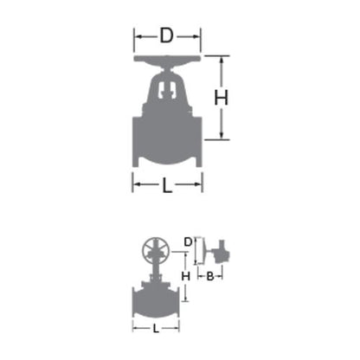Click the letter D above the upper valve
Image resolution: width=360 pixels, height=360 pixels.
166,35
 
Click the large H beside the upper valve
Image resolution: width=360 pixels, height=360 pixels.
222,98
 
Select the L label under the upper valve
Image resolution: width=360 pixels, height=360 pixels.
167,185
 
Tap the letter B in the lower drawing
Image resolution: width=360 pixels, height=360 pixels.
210,276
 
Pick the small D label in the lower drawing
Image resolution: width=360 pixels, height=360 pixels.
188,242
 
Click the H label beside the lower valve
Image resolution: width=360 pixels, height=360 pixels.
185,276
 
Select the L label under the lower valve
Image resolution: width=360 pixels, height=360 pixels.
156,328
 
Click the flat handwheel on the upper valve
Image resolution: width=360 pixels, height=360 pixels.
167,58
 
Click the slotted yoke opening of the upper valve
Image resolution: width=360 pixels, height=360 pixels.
167,89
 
